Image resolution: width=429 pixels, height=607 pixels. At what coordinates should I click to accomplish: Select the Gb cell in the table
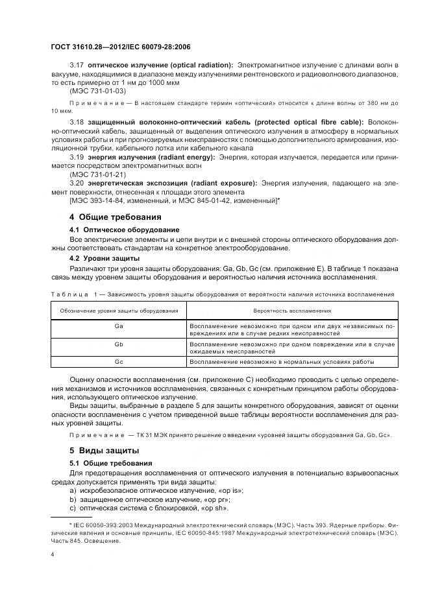click(119, 344)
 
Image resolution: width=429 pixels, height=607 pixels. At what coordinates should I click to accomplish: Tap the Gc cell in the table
click(119, 361)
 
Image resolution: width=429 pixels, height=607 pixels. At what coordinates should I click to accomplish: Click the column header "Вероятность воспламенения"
click(291, 311)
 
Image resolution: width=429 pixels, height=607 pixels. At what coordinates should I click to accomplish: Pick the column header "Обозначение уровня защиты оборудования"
click(119, 311)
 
